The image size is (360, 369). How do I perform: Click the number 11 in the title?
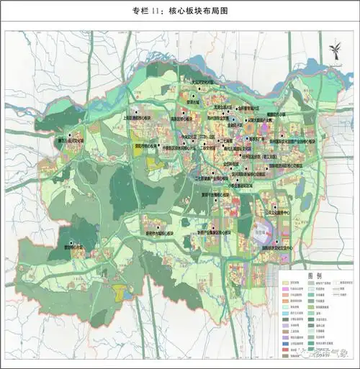pyautogui.click(x=156, y=12)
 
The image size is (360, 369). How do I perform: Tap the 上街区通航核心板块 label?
pyautogui.click(x=141, y=115)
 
